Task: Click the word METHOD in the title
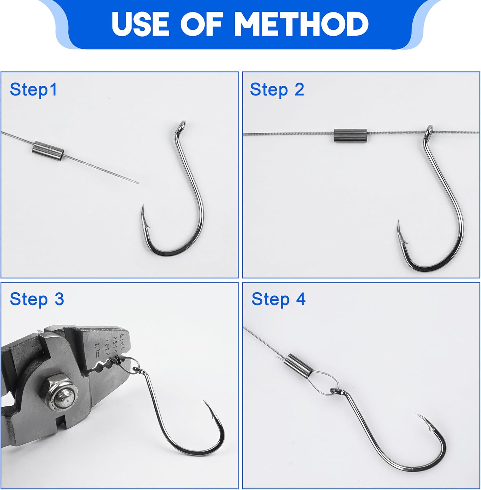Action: (301, 24)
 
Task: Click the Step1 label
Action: (33, 90)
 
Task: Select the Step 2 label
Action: (277, 90)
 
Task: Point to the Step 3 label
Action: (37, 299)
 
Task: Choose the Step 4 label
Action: (279, 299)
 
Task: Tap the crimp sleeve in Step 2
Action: (351, 135)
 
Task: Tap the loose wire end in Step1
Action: (137, 183)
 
